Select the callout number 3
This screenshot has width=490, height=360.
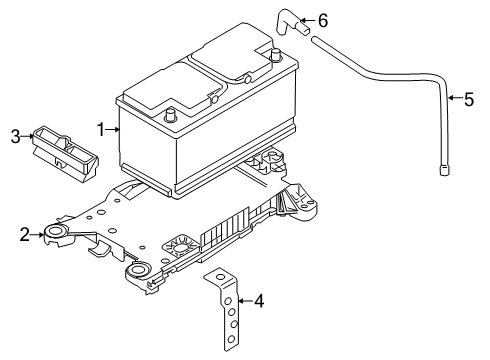pos(15,135)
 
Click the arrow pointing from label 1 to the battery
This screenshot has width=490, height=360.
pos(113,129)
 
